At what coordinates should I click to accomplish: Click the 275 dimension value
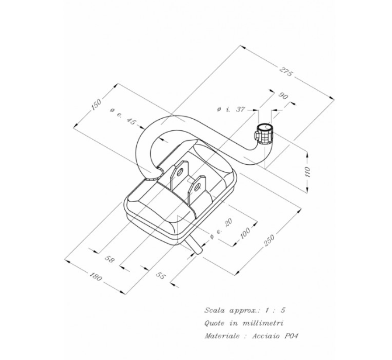tap(286, 72)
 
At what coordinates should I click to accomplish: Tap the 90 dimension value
tap(284, 96)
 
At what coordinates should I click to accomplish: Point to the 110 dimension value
tap(307, 171)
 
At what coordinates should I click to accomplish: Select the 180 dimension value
tap(97, 275)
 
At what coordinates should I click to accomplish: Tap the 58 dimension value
tap(109, 258)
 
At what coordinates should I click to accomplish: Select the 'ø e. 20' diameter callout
tap(218, 227)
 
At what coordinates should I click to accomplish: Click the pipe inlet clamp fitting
tap(265, 133)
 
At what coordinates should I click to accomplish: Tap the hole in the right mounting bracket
tap(199, 187)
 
